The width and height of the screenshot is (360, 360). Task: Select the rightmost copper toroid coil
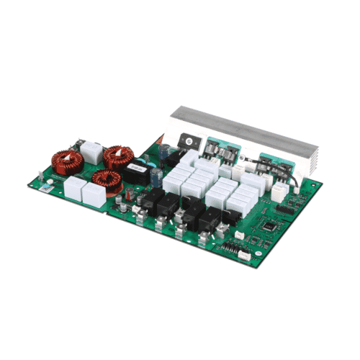(117, 156)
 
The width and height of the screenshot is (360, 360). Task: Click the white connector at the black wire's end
(279, 192)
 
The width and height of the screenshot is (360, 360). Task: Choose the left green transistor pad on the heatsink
(215, 148)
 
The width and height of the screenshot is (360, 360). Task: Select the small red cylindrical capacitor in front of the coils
(123, 193)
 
